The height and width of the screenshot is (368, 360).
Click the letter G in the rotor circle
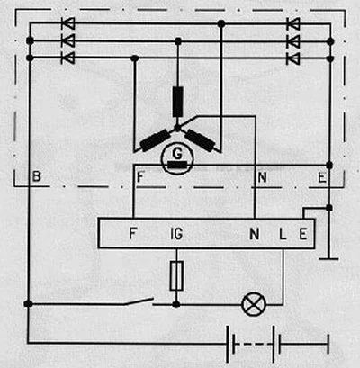[x=177, y=154]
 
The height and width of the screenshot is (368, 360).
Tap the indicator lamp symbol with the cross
[x=254, y=304]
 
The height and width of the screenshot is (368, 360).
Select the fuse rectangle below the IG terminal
[x=176, y=276]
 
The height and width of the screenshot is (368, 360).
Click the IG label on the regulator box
[x=176, y=234]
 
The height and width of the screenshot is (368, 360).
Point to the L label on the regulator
[x=283, y=234]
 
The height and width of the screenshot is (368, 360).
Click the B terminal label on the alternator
[x=36, y=176]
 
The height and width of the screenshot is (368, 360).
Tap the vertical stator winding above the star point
[x=178, y=102]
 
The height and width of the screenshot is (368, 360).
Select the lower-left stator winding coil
[x=156, y=140]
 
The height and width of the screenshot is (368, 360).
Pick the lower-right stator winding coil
[x=200, y=140]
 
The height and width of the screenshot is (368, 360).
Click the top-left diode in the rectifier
[x=68, y=23]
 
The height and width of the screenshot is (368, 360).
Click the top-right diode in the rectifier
[x=293, y=23]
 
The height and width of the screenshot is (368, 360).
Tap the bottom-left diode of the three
[x=68, y=58]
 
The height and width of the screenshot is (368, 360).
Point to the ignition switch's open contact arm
[x=139, y=301]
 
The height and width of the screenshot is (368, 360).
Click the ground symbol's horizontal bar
[x=328, y=258]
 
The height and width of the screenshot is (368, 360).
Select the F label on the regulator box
[x=132, y=233]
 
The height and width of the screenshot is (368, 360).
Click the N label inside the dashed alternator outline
[x=262, y=177]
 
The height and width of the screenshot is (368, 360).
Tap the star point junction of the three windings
[x=177, y=129]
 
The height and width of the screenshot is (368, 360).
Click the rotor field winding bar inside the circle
[x=177, y=165]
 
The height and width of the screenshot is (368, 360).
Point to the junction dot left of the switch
[x=28, y=304]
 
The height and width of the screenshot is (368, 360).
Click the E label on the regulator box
[x=303, y=234]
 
